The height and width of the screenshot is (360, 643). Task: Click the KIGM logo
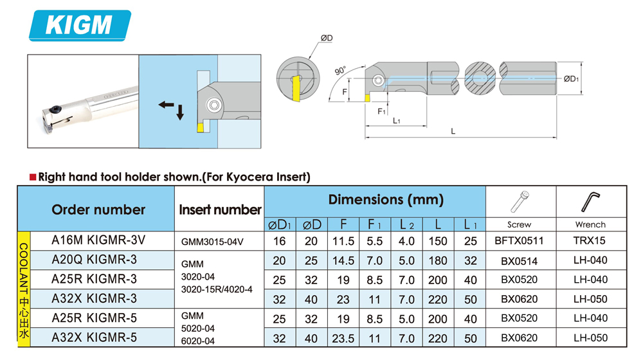click(x=80, y=25)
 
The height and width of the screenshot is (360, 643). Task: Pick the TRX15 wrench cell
click(x=590, y=240)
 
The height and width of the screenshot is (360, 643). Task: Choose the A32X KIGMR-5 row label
click(x=94, y=337)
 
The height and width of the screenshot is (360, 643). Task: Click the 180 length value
click(x=437, y=260)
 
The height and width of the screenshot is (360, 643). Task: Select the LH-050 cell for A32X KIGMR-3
click(x=590, y=299)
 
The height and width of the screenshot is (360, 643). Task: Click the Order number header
click(x=98, y=210)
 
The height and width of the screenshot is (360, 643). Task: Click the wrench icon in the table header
click(x=590, y=201)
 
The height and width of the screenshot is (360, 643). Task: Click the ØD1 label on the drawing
click(x=572, y=79)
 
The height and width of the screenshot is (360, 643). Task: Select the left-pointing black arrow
click(x=167, y=105)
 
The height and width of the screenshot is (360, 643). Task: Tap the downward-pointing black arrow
click(x=180, y=113)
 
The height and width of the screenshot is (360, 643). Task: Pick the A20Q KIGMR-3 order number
click(x=94, y=260)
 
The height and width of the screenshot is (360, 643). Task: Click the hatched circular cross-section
click(x=479, y=80)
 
